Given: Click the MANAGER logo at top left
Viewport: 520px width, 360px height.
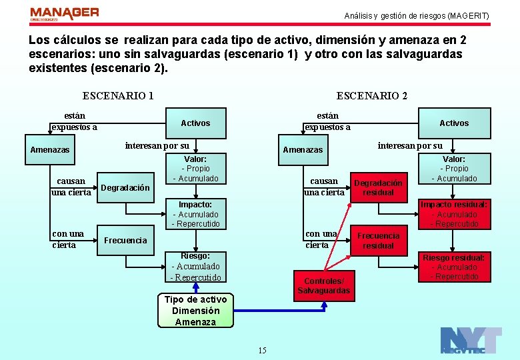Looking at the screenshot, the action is [64, 14].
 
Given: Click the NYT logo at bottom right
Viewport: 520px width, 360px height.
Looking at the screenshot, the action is [471, 340].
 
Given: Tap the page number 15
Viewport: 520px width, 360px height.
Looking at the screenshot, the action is [262, 351].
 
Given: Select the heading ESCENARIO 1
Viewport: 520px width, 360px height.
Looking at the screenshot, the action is [118, 95].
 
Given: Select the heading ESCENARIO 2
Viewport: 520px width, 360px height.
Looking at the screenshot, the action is [372, 95].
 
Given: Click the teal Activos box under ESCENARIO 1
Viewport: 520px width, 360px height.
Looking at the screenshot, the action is [195, 123].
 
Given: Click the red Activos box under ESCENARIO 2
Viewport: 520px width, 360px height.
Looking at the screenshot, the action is [454, 123].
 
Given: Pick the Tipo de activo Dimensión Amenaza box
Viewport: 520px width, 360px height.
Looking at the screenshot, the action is [195, 311].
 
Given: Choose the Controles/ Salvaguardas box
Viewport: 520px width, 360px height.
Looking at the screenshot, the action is [323, 285].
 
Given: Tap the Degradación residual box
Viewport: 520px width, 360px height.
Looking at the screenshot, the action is [378, 188].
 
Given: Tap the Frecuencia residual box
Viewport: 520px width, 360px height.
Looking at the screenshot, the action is [378, 241].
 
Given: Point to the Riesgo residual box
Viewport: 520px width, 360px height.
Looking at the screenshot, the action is [453, 267].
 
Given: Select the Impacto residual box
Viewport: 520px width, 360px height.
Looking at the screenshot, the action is [453, 214].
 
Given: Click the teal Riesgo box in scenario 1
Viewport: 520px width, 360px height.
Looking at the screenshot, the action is [195, 266].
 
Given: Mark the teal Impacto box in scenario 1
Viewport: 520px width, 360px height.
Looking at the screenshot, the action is [195, 214].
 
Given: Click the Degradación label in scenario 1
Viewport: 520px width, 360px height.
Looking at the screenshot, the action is [125, 188].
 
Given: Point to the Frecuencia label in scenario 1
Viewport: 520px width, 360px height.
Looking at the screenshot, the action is [125, 240].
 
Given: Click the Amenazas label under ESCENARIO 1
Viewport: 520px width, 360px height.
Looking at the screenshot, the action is [50, 150].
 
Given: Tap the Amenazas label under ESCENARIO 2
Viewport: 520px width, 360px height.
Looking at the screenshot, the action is [303, 150].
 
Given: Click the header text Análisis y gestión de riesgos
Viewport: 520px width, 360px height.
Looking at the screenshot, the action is [416, 15].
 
